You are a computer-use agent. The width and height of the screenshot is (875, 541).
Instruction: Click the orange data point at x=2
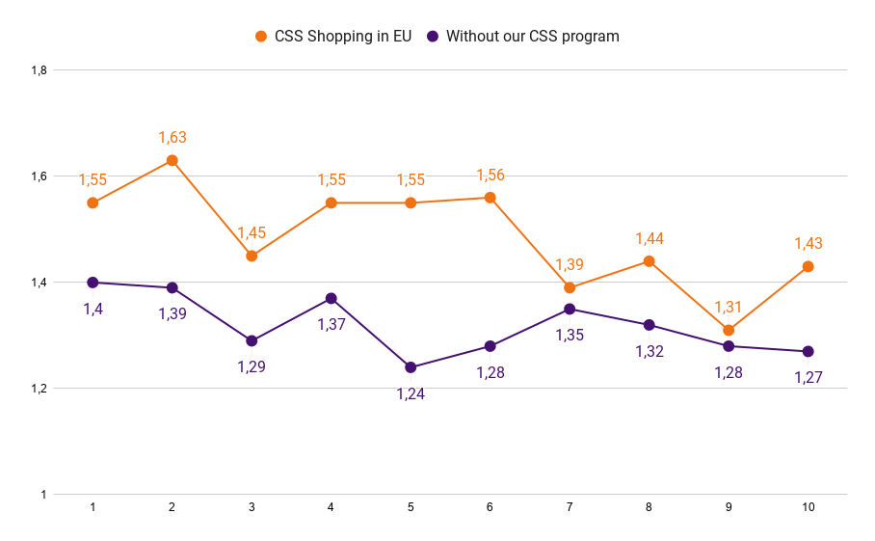[x=172, y=160]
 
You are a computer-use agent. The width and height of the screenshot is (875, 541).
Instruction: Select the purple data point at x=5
[x=411, y=367]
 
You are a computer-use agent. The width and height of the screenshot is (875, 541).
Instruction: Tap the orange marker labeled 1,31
[x=729, y=331]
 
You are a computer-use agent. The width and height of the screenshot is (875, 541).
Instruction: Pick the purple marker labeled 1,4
[x=93, y=283]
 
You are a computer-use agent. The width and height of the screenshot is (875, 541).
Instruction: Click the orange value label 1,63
[x=172, y=138]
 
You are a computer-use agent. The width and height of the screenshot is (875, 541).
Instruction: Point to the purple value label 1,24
[x=411, y=393]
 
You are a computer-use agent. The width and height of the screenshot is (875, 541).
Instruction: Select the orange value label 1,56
[x=491, y=175]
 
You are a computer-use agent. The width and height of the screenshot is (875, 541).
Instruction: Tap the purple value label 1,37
[x=331, y=324]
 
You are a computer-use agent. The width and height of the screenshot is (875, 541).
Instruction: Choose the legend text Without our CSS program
[x=533, y=37]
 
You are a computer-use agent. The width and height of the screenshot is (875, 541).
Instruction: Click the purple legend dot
[x=433, y=37]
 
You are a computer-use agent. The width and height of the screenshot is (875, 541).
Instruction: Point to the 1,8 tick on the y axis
[x=40, y=70]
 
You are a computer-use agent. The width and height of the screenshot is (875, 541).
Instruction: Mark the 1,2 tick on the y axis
[x=40, y=389]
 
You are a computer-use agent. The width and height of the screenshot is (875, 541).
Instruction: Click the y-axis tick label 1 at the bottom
[x=43, y=495]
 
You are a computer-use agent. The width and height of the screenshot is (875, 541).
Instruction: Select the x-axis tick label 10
[x=808, y=507]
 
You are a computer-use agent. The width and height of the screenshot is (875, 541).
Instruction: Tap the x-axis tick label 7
[x=570, y=507]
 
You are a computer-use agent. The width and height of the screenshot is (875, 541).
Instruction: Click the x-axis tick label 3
[x=252, y=507]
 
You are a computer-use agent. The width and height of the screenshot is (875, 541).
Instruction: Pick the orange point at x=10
[x=808, y=266]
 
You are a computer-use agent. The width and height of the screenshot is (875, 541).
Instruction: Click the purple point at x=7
[x=570, y=310]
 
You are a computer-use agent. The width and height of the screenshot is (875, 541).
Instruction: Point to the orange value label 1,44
[x=650, y=239]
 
